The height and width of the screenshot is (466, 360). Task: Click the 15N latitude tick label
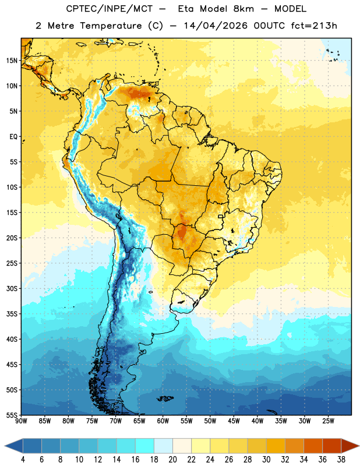[12, 61]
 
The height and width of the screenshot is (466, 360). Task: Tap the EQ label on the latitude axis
[13, 137]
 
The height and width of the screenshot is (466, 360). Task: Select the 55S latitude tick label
[12, 415]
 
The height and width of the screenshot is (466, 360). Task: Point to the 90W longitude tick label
[22, 421]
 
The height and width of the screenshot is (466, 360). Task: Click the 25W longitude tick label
[328, 421]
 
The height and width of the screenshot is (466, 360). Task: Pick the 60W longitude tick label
[163, 421]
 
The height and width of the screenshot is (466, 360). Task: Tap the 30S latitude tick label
[12, 288]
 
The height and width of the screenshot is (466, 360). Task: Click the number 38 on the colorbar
[341, 460]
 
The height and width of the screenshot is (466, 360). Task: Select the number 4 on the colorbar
[23, 460]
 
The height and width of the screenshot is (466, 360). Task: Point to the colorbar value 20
[172, 460]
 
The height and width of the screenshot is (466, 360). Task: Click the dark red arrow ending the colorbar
[350, 446]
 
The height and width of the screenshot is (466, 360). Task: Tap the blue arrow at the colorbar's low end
[13, 446]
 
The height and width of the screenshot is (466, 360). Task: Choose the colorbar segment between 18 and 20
[163, 446]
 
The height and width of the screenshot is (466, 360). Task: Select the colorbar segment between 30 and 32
[276, 446]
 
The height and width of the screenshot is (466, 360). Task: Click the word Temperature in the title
[111, 26]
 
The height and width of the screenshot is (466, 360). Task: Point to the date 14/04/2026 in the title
[216, 26]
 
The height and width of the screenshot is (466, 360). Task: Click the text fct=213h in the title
[314, 26]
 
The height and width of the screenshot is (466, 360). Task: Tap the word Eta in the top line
[186, 9]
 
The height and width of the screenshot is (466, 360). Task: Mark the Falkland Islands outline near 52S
[165, 398]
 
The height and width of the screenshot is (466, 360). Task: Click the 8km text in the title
[244, 9]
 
